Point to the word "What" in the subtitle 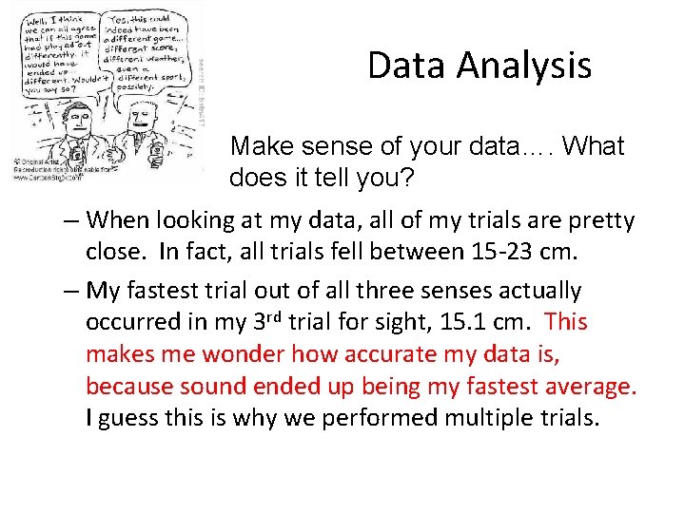593,146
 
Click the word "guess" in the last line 134,419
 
